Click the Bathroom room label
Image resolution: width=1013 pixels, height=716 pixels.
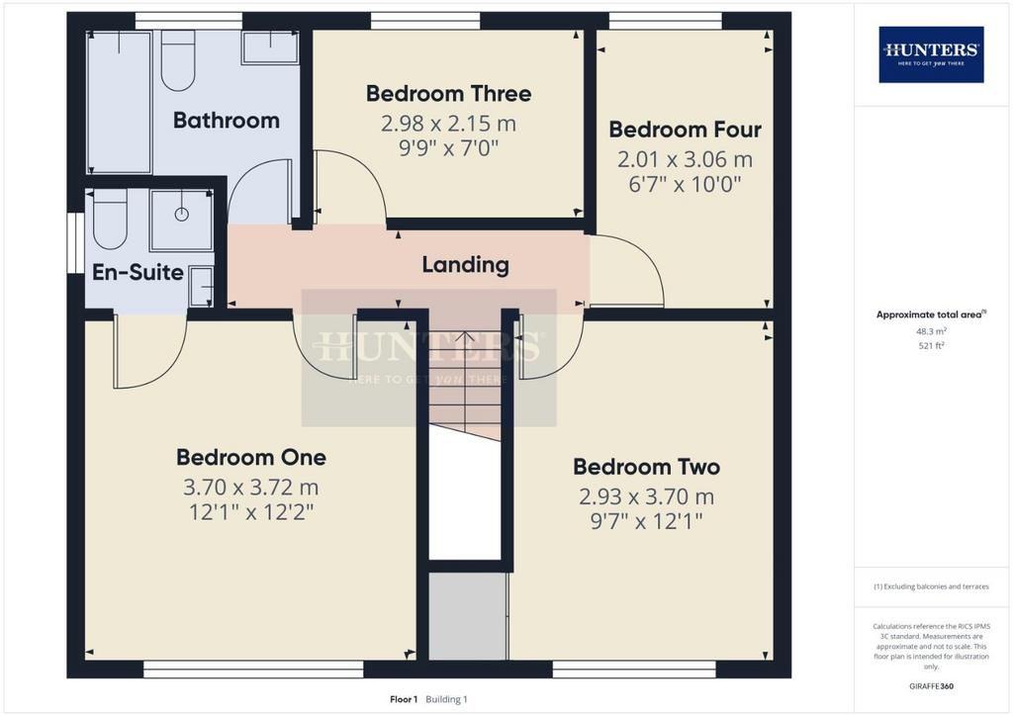227,120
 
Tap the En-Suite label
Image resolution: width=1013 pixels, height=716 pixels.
138,272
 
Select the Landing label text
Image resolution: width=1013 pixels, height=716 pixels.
465,265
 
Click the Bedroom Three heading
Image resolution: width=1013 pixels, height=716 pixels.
448,94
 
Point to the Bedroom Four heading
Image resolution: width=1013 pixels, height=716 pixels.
685,130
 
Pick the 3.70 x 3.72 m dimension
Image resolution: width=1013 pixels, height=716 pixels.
250,487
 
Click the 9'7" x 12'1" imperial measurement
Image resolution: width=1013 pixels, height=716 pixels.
646,521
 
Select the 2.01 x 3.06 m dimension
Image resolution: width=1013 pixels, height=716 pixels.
685,159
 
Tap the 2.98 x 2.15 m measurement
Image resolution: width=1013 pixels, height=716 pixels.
448,124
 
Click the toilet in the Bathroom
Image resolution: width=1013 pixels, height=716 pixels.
178,60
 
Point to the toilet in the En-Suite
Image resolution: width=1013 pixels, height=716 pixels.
110,220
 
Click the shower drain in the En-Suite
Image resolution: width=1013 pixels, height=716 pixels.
182,215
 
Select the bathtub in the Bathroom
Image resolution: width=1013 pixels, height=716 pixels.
120,102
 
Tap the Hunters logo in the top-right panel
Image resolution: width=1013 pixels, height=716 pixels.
931,54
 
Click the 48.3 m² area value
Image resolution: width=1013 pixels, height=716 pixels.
931,331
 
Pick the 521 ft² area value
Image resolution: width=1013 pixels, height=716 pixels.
931,345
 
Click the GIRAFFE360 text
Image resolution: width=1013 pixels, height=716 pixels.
931,686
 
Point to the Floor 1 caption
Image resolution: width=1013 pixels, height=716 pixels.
404,699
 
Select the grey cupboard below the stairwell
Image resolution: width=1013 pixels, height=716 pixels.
468,616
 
